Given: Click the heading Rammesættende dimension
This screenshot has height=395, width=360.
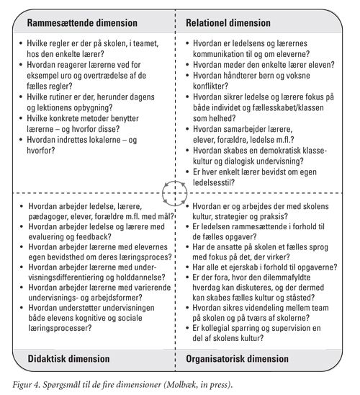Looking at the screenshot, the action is (x=82, y=23).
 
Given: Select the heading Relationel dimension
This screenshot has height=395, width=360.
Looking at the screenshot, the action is (x=228, y=23).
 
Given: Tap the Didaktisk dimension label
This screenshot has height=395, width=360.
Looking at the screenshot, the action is (x=68, y=359).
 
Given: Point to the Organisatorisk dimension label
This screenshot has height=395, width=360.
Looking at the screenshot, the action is (x=237, y=359).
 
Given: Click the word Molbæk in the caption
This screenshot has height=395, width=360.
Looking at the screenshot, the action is (x=178, y=385).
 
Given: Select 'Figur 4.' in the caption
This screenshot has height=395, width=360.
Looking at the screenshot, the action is (x=27, y=385).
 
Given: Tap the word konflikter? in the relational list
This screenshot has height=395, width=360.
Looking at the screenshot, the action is (x=210, y=86).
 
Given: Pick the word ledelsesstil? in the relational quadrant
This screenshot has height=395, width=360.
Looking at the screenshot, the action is (x=214, y=182).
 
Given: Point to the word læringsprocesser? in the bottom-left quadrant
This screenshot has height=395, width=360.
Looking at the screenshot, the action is (x=60, y=328).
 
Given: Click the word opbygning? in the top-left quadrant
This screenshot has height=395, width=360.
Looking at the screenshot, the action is (x=93, y=108).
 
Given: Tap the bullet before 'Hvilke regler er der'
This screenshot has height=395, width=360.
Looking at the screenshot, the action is (x=21, y=43).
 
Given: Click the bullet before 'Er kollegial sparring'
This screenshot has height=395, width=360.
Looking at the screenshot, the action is (x=187, y=328).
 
